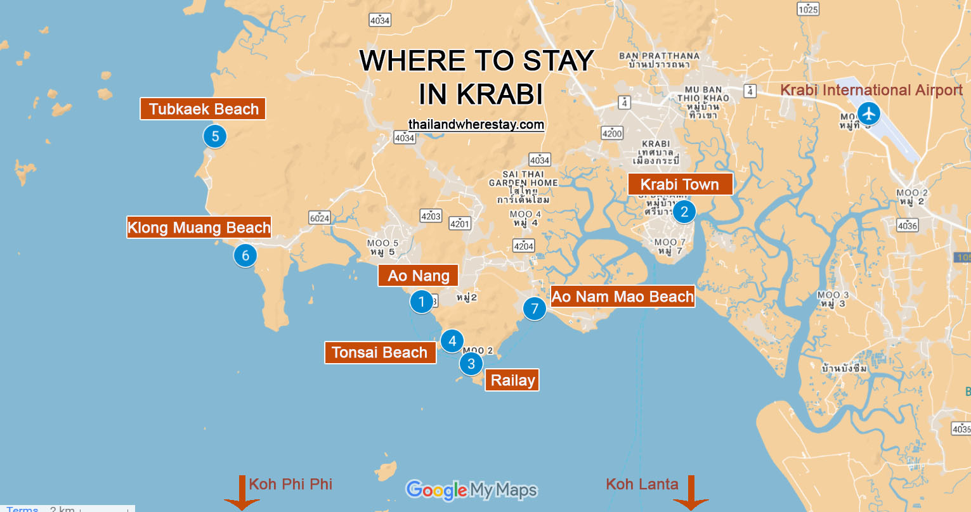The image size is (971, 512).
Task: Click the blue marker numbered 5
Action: point(215,136)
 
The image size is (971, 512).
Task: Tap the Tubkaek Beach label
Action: point(203,109)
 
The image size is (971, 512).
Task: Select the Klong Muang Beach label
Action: point(199,227)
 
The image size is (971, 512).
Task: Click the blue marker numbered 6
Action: point(245,255)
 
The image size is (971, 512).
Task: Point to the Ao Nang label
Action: point(418,276)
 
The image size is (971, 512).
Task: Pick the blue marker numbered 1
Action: point(422,302)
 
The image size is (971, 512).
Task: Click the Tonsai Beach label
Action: point(380,352)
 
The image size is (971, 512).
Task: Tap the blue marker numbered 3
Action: point(471,364)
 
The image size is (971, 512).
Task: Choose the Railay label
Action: point(512,380)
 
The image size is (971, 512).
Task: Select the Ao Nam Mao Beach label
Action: point(622,297)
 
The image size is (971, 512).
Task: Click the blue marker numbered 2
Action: point(684,212)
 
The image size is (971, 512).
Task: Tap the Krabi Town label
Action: point(680,184)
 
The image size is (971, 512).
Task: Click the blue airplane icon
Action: point(868,114)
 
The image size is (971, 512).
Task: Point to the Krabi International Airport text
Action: point(871,90)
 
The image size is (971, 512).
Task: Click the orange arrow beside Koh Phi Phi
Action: point(242,492)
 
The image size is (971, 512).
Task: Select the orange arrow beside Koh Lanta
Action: point(691,492)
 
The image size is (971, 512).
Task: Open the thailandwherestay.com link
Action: point(476,124)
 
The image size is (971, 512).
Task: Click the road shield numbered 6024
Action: point(320,218)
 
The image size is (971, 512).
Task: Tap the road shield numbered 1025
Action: point(808,9)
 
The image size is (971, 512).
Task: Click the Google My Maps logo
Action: point(471,490)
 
